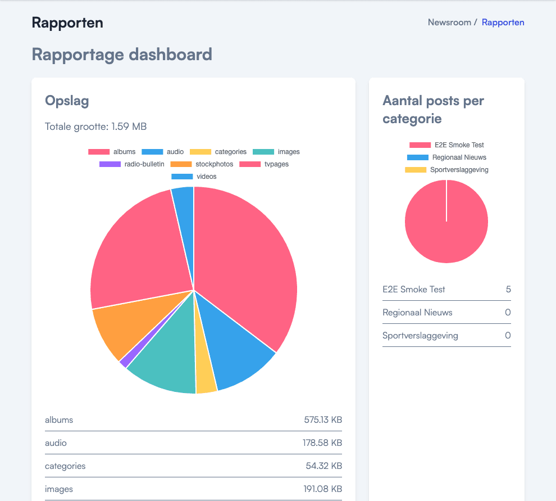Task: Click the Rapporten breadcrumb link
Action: (503, 22)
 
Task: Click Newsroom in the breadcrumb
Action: (449, 22)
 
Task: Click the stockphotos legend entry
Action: (202, 164)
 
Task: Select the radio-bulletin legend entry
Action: (132, 164)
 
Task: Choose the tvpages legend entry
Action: (264, 164)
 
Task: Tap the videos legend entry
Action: (194, 177)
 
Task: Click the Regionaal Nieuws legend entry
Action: (447, 157)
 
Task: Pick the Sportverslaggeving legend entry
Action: (447, 170)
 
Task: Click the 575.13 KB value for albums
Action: (323, 419)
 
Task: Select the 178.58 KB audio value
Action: (322, 443)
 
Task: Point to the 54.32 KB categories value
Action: (324, 466)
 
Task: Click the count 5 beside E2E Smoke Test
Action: (508, 290)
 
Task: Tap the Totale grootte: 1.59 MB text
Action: (95, 127)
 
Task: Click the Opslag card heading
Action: (67, 101)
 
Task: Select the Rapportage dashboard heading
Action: (122, 55)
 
